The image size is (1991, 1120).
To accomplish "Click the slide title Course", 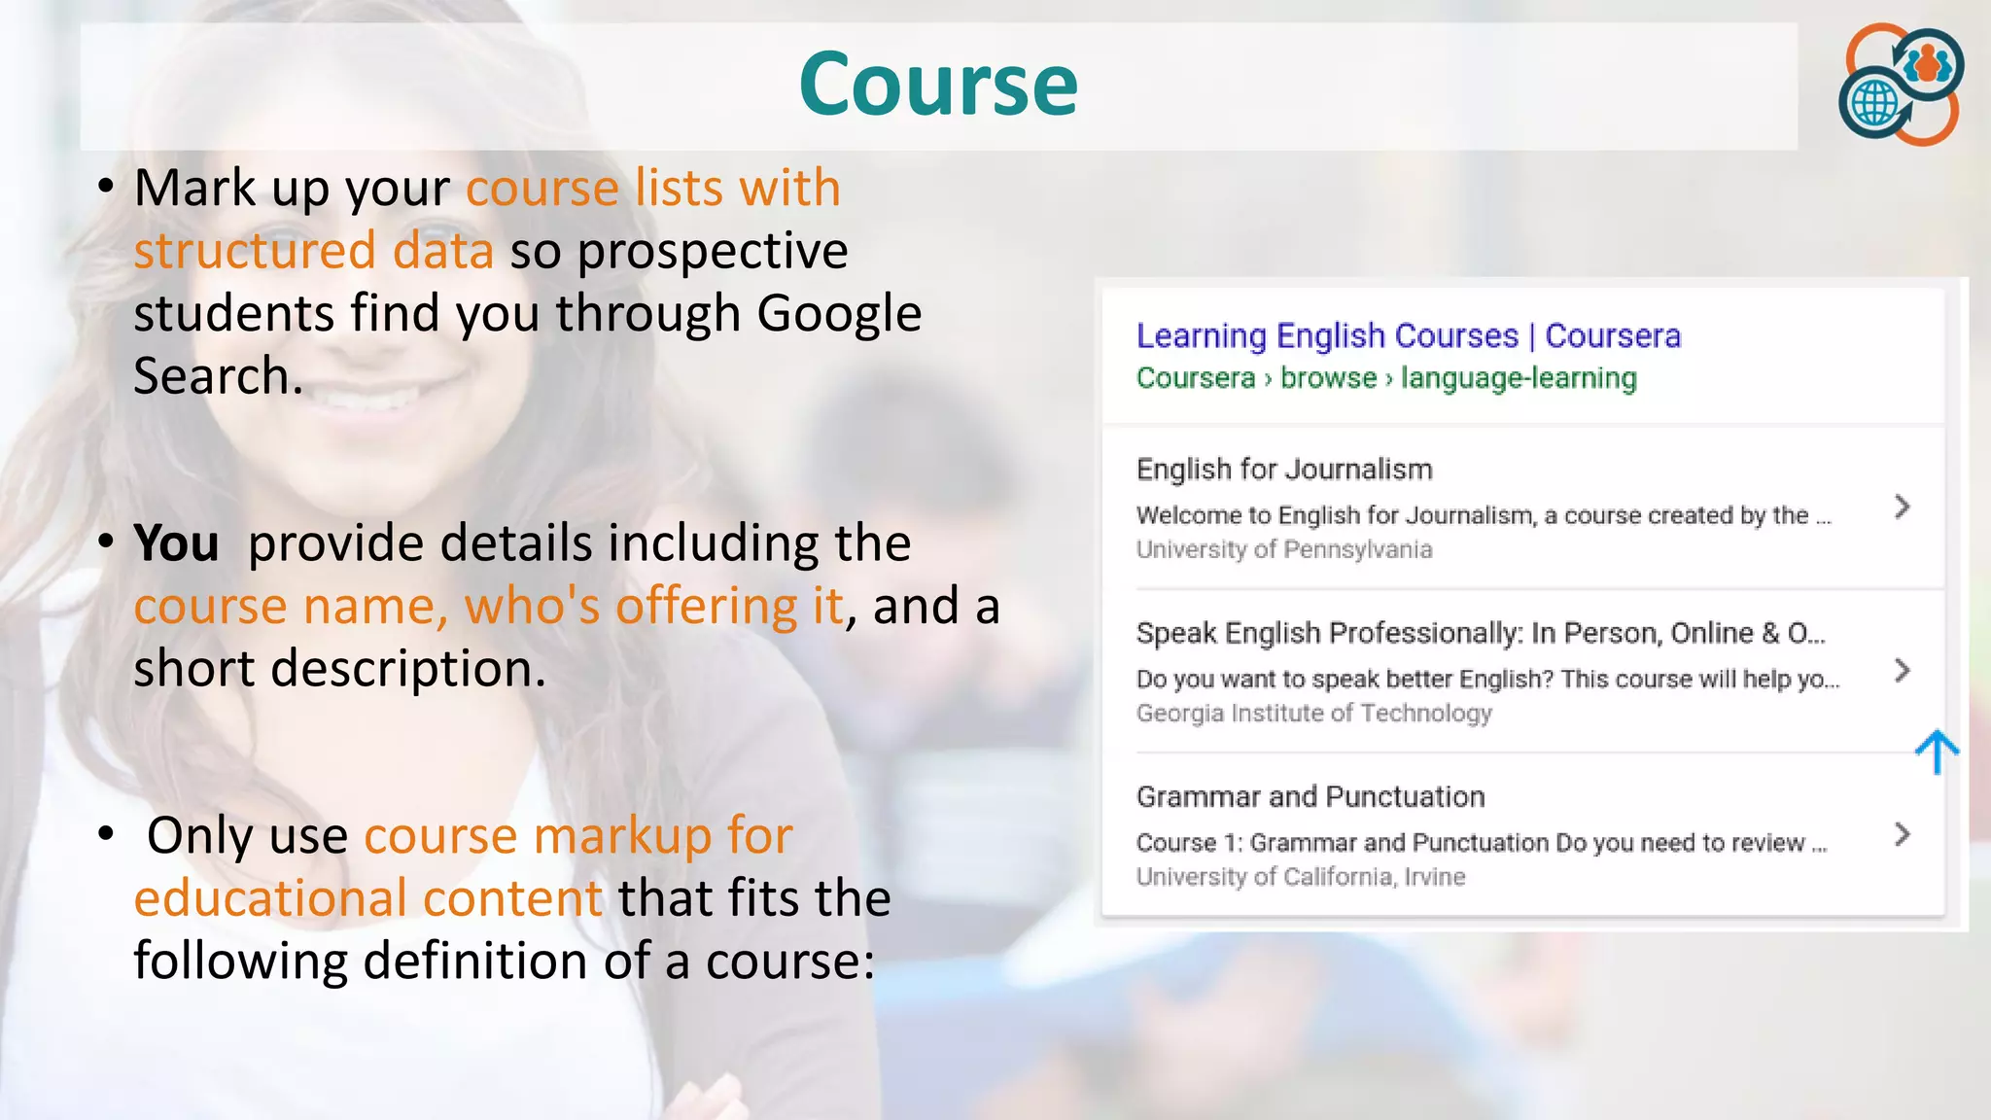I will point(938,85).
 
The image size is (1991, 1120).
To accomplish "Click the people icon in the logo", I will point(1929,64).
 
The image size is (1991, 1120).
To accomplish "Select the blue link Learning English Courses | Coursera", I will point(1408,335).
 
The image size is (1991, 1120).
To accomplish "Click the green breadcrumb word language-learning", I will point(1519,377).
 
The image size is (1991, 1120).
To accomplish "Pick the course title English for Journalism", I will point(1283,470).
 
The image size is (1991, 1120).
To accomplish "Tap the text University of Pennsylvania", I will point(1283,549).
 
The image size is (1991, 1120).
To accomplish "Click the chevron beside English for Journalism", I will point(1903,507).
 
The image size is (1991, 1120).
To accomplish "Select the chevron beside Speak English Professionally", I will point(1903,670).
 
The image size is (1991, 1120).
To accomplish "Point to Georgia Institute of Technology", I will point(1313,713).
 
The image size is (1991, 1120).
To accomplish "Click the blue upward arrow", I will point(1937,752).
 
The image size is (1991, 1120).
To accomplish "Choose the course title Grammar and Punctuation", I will point(1310,797).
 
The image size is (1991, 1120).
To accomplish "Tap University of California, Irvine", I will point(1300,877).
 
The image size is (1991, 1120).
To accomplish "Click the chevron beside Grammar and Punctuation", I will point(1903,834).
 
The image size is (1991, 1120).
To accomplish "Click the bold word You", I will point(176,542).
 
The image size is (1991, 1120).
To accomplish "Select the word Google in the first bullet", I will point(838,314).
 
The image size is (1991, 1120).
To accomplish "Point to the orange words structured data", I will point(313,251).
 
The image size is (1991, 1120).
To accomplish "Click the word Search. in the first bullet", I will point(218,376).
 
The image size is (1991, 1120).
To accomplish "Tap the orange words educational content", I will point(367,897).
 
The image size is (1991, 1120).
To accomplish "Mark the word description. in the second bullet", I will point(408,669).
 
